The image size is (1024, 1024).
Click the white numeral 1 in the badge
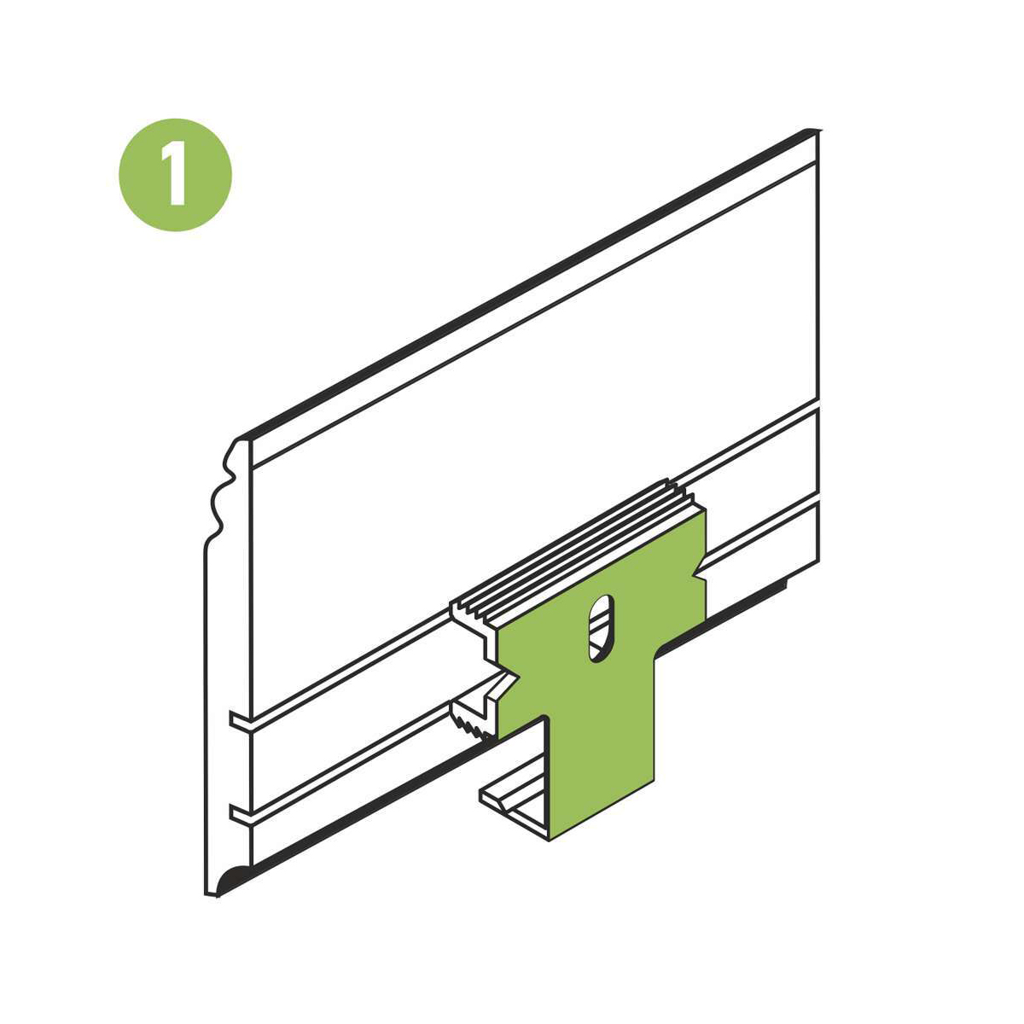click(176, 172)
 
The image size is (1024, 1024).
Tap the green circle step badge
click(176, 174)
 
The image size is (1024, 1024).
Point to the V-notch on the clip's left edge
click(509, 676)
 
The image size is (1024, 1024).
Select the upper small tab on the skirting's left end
click(241, 719)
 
